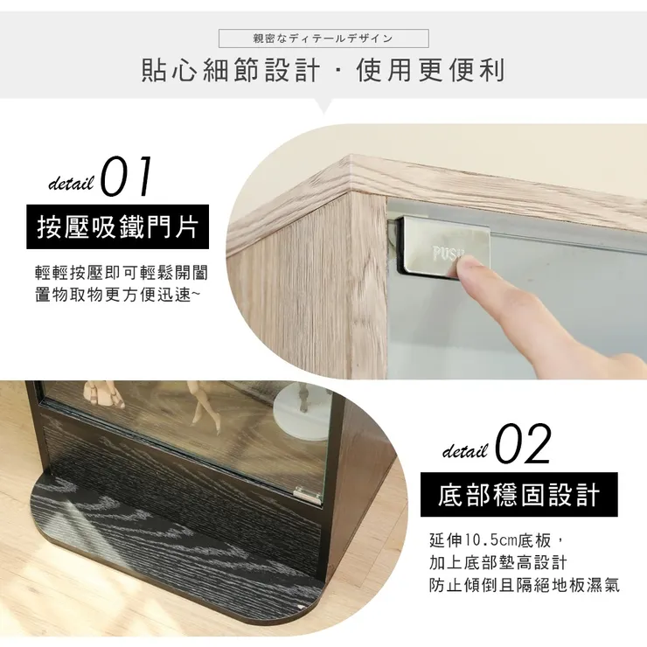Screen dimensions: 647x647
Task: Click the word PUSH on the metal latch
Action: point(449,254)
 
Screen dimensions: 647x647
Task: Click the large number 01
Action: point(128,177)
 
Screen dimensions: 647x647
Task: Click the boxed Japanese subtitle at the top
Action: point(323,38)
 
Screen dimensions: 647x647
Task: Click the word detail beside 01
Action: point(71,184)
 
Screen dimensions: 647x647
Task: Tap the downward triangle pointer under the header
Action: point(323,106)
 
